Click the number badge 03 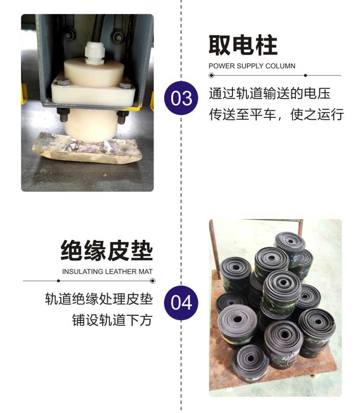coord(181,98)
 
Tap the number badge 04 coord(181,303)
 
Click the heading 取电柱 coord(243,45)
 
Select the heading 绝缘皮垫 coord(107,251)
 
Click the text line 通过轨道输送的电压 coord(270,94)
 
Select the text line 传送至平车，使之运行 coord(276,114)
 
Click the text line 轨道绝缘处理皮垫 coord(99,299)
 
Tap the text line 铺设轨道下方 coord(112,320)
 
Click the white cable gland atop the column coord(94,53)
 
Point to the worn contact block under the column coord(87,148)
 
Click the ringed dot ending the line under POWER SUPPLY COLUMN coord(211,76)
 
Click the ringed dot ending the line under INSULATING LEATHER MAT coord(153,281)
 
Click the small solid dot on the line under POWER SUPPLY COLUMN coord(306,75)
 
